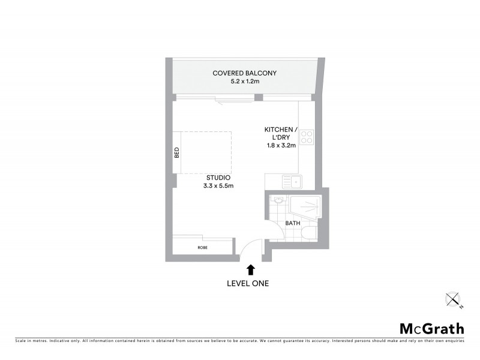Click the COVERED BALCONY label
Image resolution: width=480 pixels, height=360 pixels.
click(244, 73)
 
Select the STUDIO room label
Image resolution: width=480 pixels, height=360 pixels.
click(218, 178)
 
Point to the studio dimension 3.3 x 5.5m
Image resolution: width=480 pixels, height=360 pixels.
click(218, 186)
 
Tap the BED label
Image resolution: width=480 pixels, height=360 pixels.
click(177, 153)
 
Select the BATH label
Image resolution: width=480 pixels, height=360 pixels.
click(293, 223)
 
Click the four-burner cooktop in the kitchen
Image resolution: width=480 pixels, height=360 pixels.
click(307, 137)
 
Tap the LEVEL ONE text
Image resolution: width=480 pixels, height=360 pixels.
click(248, 283)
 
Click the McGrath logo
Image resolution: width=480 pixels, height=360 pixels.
click(432, 328)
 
